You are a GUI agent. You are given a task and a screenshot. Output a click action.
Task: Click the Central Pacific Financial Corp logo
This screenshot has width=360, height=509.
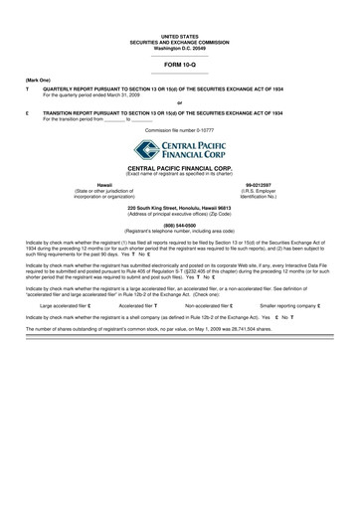[x=179, y=151]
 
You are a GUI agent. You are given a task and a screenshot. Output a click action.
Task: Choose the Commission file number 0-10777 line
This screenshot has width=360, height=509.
[x=179, y=130]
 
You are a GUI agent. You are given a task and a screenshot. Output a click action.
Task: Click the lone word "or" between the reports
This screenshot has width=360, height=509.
[x=179, y=101]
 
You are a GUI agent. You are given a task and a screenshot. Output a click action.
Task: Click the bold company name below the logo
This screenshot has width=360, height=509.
[x=179, y=170]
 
